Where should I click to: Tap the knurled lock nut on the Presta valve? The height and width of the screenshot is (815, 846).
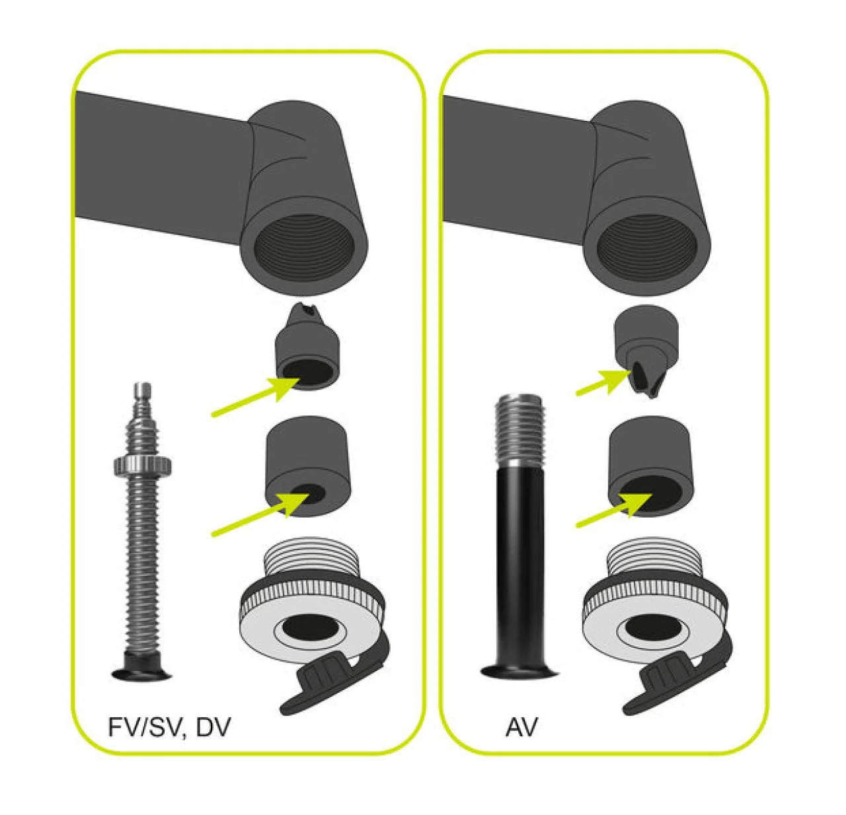click(143, 466)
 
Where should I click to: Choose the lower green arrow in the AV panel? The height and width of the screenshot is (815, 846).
click(613, 511)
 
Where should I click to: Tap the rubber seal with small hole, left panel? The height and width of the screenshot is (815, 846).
click(308, 466)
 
